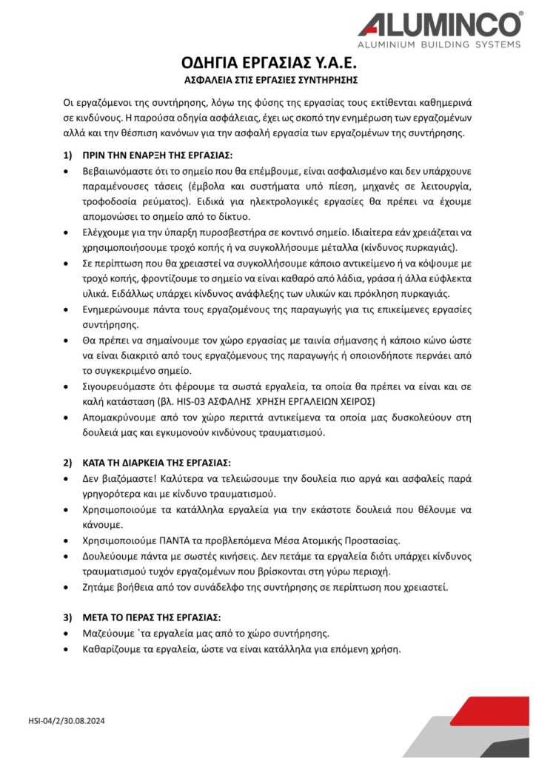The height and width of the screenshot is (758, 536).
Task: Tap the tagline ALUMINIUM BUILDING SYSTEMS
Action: [x=440, y=46]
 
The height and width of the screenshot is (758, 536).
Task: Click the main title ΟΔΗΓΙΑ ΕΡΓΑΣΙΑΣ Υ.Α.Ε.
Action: [x=267, y=62]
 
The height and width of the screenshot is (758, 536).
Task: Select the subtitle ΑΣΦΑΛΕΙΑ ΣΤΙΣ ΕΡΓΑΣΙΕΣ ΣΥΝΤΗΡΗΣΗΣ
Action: [x=267, y=78]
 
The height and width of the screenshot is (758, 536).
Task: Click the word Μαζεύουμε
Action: [x=109, y=633]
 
